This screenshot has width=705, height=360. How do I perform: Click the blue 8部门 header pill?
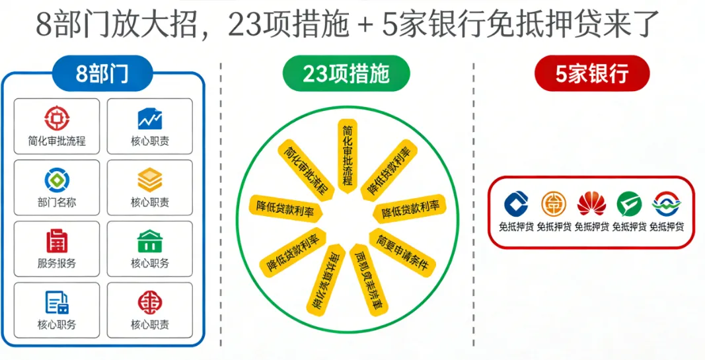click(102, 73)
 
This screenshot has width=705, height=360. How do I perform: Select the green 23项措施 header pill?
click(346, 73)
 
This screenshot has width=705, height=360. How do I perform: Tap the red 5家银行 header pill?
click(591, 73)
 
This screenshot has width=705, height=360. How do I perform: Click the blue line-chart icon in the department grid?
click(150, 118)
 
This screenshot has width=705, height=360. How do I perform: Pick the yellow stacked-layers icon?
click(149, 180)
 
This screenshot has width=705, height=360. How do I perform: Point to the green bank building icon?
click(149, 241)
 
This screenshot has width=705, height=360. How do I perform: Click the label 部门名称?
click(57, 202)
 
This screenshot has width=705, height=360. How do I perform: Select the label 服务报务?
click(57, 263)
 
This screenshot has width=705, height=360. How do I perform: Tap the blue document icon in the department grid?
click(57, 303)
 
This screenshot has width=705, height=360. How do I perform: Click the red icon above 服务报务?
click(57, 241)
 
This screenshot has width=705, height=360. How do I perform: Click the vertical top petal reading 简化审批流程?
click(348, 156)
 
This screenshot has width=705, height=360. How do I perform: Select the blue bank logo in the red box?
click(516, 204)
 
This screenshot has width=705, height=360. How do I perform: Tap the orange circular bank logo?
click(554, 204)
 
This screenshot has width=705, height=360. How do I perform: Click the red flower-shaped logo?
click(591, 204)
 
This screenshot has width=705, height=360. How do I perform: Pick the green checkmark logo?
click(629, 204)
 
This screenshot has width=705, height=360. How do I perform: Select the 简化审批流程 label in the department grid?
click(57, 141)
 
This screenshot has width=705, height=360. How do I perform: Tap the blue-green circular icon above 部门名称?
click(57, 180)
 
